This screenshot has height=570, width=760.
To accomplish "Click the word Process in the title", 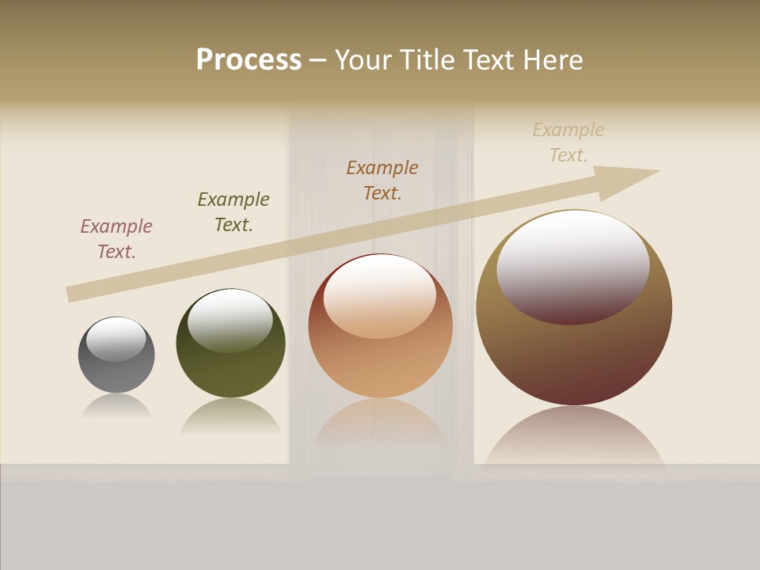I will pyautogui.click(x=249, y=60).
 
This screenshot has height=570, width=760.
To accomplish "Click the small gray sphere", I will pyautogui.click(x=116, y=372).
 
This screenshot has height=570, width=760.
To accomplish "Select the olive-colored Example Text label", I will pyautogui.click(x=234, y=212).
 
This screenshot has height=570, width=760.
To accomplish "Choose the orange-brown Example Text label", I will pyautogui.click(x=382, y=180).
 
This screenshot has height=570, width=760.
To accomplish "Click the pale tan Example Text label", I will pyautogui.click(x=568, y=142).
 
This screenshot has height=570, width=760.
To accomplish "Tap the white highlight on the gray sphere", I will pyautogui.click(x=116, y=339).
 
